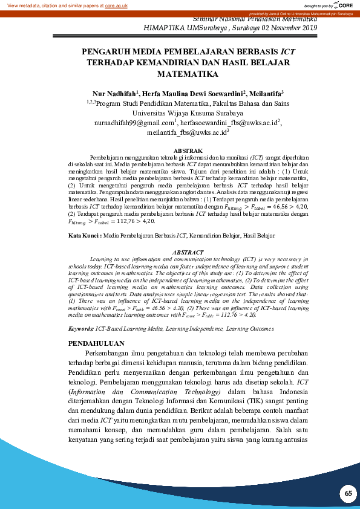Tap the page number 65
(x=348, y=493)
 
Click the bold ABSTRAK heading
(x=184, y=149)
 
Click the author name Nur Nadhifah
(x=113, y=94)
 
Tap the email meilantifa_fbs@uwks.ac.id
(x=187, y=132)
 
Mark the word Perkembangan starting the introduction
(x=111, y=354)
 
